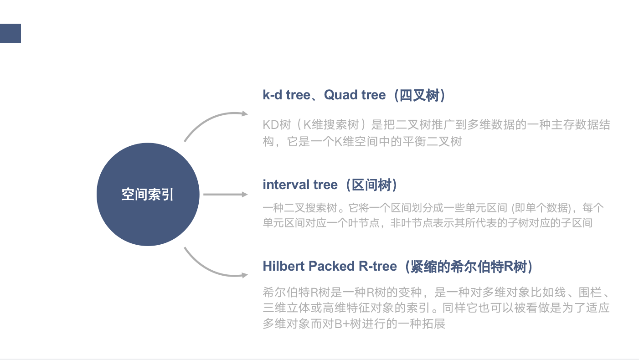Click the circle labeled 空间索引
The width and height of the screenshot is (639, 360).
click(x=148, y=195)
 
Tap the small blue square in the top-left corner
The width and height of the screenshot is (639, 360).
click(x=10, y=33)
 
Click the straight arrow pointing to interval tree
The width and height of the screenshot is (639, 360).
click(x=225, y=195)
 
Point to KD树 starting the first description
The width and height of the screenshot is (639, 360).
click(x=273, y=125)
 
